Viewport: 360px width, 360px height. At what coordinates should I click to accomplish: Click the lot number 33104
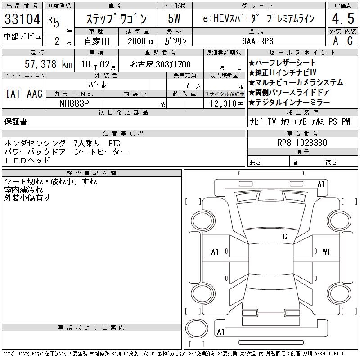pyautogui.click(x=22, y=18)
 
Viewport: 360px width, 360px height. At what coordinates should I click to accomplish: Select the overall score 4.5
pyautogui.click(x=343, y=18)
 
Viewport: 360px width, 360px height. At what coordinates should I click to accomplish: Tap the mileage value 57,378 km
pyautogui.click(x=49, y=64)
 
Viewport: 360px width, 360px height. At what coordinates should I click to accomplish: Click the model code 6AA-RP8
pyautogui.click(x=257, y=41)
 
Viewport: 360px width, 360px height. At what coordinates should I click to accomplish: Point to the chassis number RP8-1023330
pyautogui.click(x=302, y=143)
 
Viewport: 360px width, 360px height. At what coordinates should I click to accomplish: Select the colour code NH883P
pyautogui.click(x=74, y=103)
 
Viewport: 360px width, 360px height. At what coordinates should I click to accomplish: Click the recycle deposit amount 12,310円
pyautogui.click(x=226, y=104)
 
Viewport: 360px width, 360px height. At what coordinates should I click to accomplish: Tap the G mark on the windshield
pyautogui.click(x=285, y=237)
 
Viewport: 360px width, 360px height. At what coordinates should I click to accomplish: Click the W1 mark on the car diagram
pyautogui.click(x=326, y=252)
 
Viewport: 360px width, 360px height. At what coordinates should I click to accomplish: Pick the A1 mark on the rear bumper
pyautogui.click(x=220, y=332)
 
